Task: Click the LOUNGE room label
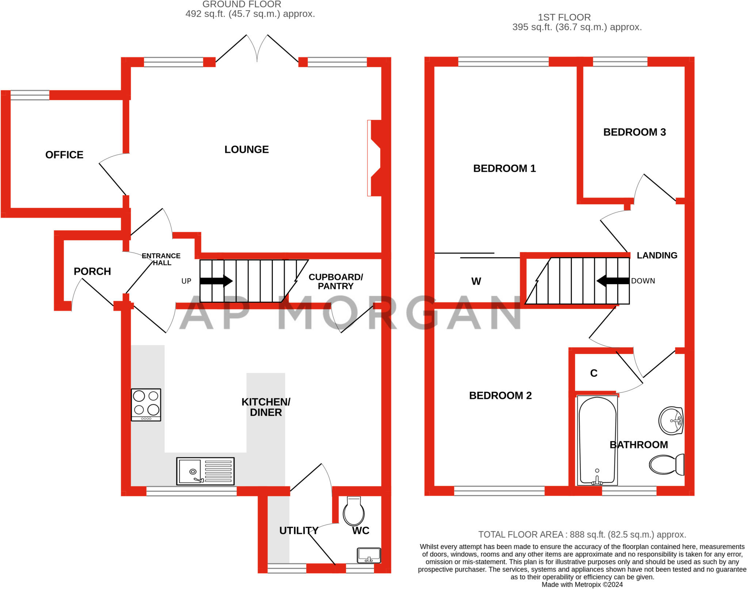[247, 149]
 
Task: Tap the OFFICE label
[64, 155]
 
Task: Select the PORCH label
[92, 271]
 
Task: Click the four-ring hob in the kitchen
[146, 405]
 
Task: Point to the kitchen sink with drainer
[205, 471]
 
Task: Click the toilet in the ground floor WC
[354, 510]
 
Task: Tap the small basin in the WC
[369, 555]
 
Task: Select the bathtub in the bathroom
[597, 441]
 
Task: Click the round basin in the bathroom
[671, 421]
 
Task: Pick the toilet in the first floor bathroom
[667, 464]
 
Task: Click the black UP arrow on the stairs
[216, 281]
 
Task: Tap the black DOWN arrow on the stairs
[613, 281]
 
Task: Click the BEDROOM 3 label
[634, 132]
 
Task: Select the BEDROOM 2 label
[500, 395]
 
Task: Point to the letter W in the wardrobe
[476, 281]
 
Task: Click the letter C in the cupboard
[594, 373]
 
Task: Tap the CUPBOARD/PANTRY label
[336, 281]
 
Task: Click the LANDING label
[657, 255]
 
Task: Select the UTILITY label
[299, 531]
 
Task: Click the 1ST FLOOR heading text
[564, 17]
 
